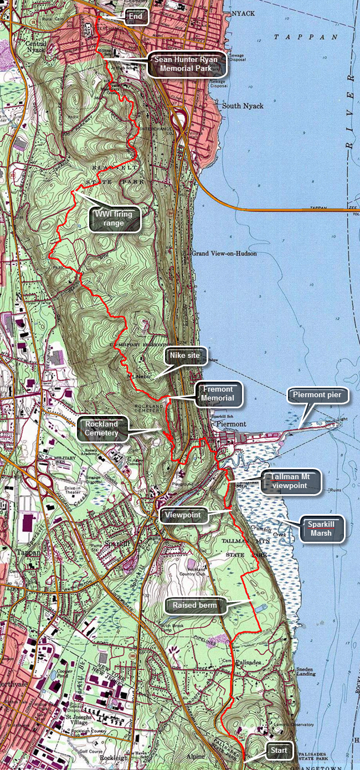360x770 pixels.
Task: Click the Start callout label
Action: coord(279,751)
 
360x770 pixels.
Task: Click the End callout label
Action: coord(136,17)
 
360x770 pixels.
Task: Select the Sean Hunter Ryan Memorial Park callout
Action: coord(187,64)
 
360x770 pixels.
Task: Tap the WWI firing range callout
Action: coord(115,219)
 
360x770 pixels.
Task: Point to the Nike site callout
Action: coord(188,355)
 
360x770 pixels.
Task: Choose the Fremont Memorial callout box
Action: coord(217,393)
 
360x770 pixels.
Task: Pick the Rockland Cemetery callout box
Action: coord(103,429)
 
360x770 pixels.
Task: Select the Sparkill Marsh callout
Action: coord(321,528)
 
